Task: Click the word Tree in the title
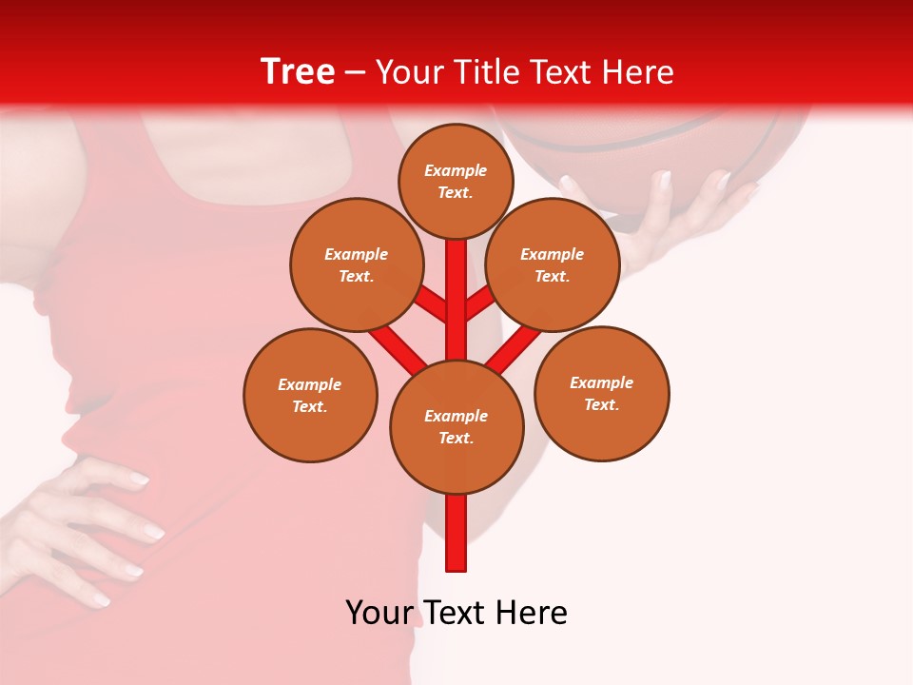coord(298,71)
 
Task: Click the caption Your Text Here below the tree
coord(456,613)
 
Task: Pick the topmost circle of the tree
coord(456,181)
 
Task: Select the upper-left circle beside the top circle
coord(357,264)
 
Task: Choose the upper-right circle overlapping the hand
coord(553,264)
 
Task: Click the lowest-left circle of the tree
coord(310,395)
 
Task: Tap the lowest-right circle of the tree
coord(601,393)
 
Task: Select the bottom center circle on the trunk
coord(456,426)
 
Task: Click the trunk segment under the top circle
coord(456,285)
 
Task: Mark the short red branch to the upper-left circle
coord(433,304)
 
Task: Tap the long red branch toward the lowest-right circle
coord(514,347)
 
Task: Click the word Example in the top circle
coord(456,170)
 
